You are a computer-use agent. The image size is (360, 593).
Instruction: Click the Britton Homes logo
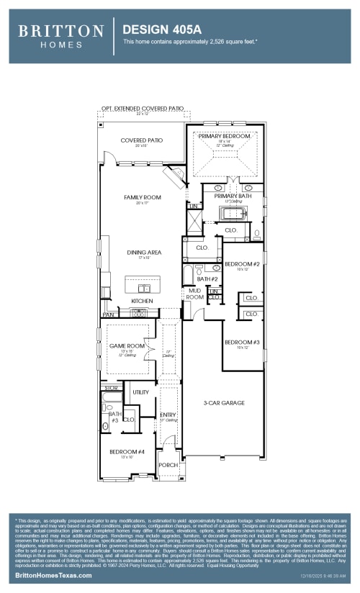click(60, 35)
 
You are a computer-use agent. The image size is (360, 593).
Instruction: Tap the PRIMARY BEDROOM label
click(225, 135)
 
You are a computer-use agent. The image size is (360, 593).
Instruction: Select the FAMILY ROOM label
click(142, 197)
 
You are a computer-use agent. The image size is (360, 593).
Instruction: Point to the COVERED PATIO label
click(141, 140)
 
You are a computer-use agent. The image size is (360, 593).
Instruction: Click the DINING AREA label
click(144, 253)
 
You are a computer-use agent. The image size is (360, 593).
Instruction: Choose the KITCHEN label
click(142, 301)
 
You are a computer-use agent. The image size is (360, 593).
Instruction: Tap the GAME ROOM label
click(127, 346)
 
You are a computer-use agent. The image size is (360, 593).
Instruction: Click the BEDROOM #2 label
click(242, 264)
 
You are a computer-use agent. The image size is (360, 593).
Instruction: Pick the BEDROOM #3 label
click(241, 342)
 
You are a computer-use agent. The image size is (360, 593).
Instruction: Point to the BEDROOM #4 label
click(127, 451)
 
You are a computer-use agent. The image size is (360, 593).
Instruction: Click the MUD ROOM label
click(194, 294)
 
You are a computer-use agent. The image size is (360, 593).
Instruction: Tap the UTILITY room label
click(140, 392)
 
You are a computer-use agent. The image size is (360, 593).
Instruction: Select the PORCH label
click(168, 465)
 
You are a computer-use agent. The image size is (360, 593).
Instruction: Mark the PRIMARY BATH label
click(232, 196)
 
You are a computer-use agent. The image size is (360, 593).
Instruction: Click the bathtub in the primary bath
click(233, 214)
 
